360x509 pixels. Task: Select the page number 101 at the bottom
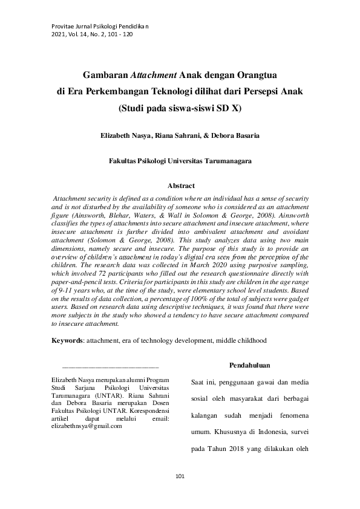click(180, 477)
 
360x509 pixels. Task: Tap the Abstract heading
click(180, 186)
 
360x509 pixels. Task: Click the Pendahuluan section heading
click(250, 365)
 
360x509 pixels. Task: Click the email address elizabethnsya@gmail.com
click(87, 426)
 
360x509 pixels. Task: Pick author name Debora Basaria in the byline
click(235, 136)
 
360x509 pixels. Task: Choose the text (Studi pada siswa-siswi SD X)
click(180, 109)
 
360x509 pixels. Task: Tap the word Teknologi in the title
click(170, 92)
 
